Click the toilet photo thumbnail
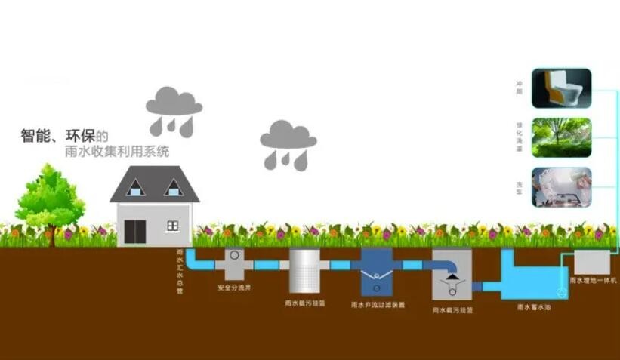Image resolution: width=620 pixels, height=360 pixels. [561, 88]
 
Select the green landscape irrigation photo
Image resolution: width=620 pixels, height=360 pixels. [561, 137]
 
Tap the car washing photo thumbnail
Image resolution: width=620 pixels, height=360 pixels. [561, 186]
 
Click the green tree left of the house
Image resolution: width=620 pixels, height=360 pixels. [50, 198]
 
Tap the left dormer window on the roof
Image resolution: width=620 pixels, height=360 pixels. [136, 187]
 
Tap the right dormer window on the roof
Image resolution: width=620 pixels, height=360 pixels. [174, 187]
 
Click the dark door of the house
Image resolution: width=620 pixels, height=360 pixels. [135, 230]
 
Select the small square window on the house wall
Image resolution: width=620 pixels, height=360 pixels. [172, 225]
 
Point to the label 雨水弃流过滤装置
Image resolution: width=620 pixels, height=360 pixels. [378, 305]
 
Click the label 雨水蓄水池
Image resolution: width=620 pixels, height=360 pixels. [529, 307]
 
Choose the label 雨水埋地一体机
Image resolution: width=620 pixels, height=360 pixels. [594, 280]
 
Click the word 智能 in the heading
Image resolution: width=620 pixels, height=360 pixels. [36, 137]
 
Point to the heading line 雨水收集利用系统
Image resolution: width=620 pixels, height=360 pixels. [117, 152]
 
